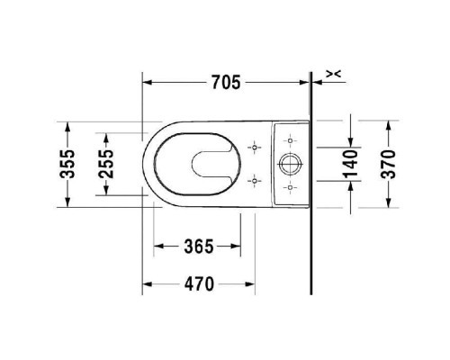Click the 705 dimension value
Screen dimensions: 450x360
click(x=226, y=82)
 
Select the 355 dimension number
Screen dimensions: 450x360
click(x=67, y=164)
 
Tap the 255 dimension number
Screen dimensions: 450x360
click(x=106, y=164)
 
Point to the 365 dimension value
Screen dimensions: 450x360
click(x=199, y=246)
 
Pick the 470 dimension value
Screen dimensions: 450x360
click(x=199, y=283)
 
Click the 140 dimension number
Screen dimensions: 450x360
click(x=351, y=164)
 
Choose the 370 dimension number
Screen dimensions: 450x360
click(x=389, y=164)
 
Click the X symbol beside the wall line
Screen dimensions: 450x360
click(x=334, y=74)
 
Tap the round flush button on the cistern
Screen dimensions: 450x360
click(x=291, y=164)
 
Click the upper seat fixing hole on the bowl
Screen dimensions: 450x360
click(x=255, y=148)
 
